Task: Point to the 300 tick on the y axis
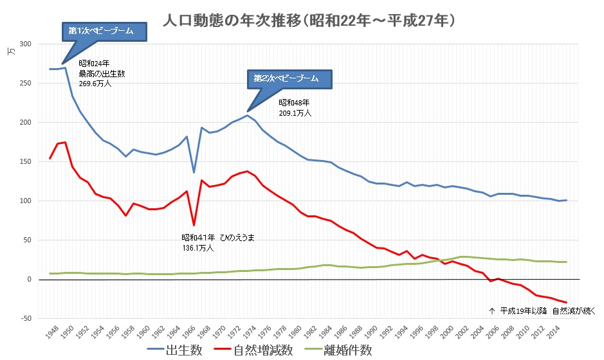26,44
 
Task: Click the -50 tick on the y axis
26,319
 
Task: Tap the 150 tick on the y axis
26,162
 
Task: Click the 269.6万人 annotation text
95,83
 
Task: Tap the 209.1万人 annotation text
295,113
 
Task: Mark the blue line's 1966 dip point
194,172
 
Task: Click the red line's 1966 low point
194,225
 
